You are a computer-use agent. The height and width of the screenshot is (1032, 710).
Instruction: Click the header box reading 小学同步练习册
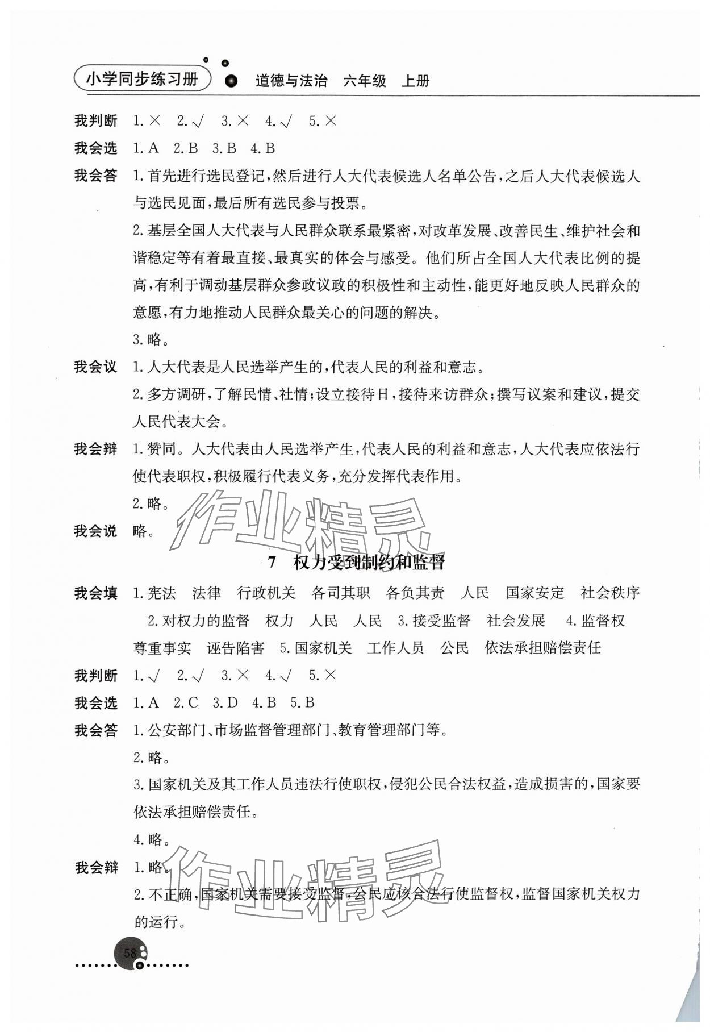pos(142,80)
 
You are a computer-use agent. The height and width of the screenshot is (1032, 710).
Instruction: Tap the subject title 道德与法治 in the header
pos(291,81)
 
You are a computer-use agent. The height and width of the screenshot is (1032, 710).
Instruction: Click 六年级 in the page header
pos(365,81)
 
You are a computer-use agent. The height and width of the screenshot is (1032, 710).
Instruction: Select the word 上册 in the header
pos(416,81)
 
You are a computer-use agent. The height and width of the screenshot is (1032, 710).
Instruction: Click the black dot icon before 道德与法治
pos(231,82)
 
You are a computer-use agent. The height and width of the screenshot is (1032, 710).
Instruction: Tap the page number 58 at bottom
pos(130,953)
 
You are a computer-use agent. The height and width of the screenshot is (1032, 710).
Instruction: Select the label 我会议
pos(95,367)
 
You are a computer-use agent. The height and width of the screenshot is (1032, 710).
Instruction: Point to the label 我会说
pos(95,531)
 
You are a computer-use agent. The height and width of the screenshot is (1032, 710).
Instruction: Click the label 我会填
pos(95,593)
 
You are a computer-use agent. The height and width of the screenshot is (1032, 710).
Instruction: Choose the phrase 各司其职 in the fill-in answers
pos(341,593)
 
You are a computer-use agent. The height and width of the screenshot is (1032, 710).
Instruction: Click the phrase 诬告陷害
pos(235,648)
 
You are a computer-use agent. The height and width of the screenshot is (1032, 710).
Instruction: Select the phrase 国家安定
pos(535,593)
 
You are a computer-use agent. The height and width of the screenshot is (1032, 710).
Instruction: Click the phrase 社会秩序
pos(610,593)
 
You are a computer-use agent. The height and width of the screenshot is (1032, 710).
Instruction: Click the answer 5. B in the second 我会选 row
pos(302,703)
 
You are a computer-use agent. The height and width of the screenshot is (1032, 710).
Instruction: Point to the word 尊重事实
pos(162,648)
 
